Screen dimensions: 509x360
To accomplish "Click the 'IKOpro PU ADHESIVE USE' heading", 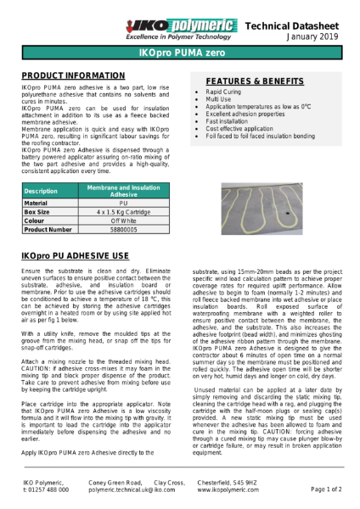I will (75, 255).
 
